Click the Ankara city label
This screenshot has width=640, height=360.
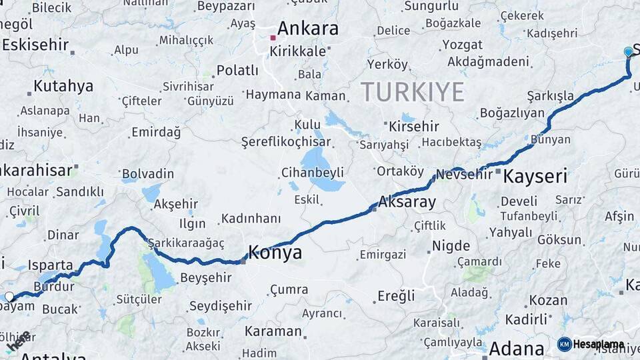[307, 29]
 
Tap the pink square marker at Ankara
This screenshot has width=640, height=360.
[273, 38]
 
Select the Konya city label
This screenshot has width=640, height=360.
[275, 253]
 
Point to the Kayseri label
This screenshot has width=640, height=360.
[535, 176]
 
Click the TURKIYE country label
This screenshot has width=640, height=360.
[412, 91]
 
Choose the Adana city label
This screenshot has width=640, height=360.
[517, 348]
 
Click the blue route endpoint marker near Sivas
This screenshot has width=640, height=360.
[628, 51]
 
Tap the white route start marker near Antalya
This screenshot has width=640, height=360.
[9, 297]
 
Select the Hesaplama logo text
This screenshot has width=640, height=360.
[598, 344]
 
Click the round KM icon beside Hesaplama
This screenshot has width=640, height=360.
[564, 344]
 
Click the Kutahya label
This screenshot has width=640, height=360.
[63, 86]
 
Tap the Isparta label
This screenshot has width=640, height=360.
[50, 265]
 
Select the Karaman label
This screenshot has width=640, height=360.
[273, 331]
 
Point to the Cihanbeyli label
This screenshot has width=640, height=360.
[312, 171]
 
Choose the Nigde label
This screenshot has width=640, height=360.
[451, 245]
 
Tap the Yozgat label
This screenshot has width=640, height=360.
[462, 45]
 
